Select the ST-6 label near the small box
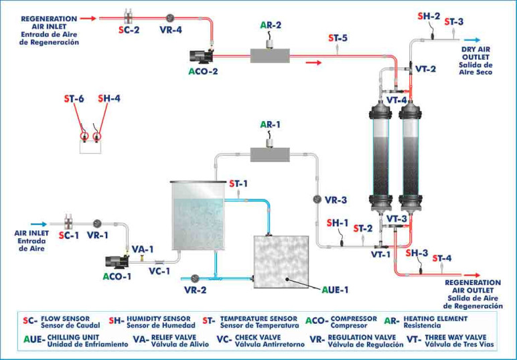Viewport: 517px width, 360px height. pos(74,98)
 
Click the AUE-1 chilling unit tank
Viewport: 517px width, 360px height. pos(281,264)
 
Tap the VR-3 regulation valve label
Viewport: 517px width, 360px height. pos(336,199)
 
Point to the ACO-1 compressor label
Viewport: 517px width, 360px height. pos(119,276)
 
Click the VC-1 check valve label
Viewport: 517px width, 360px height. pos(160,271)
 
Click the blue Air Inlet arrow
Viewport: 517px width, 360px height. pos(39,225)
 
